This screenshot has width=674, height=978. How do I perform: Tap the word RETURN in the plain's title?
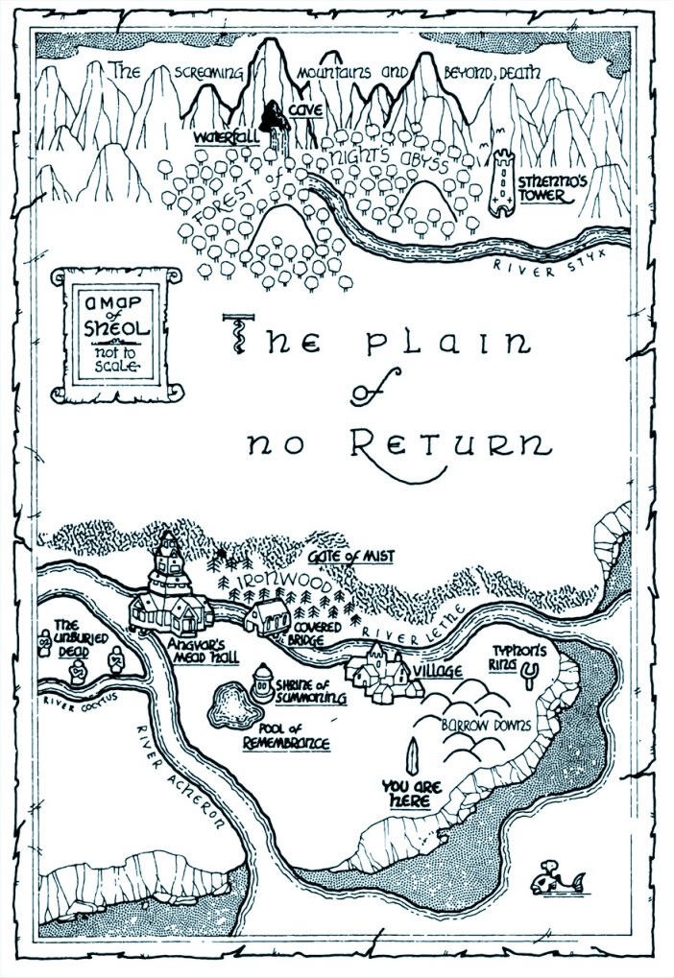(x=449, y=443)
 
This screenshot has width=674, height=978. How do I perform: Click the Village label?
(x=437, y=670)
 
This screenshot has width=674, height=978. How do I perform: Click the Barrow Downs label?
(x=485, y=726)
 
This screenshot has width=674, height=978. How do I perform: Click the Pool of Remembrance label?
(x=285, y=736)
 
